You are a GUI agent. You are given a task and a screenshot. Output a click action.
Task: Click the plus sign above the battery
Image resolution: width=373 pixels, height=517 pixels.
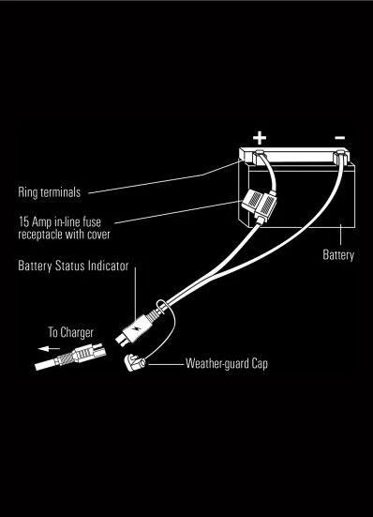pyautogui.click(x=260, y=138)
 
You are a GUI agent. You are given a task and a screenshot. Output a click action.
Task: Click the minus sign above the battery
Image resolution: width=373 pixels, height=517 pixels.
pyautogui.click(x=339, y=138)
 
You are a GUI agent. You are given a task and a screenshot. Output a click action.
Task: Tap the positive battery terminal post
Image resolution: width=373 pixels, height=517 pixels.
pyautogui.click(x=256, y=154)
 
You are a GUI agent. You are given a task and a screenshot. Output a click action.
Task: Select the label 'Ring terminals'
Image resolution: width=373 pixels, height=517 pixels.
pyautogui.click(x=49, y=193)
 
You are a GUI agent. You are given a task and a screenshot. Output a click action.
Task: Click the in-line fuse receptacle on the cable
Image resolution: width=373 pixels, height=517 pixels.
pyautogui.click(x=257, y=203)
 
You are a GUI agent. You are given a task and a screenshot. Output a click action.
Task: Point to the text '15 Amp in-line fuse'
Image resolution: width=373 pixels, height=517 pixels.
pyautogui.click(x=59, y=221)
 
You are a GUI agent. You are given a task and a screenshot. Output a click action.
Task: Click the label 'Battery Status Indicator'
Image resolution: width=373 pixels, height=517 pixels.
pyautogui.click(x=73, y=266)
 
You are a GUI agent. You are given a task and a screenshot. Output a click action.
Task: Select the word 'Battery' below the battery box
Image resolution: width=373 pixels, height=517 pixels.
pyautogui.click(x=338, y=255)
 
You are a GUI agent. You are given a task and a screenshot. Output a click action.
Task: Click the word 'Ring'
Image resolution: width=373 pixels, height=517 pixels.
pyautogui.click(x=27, y=193)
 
